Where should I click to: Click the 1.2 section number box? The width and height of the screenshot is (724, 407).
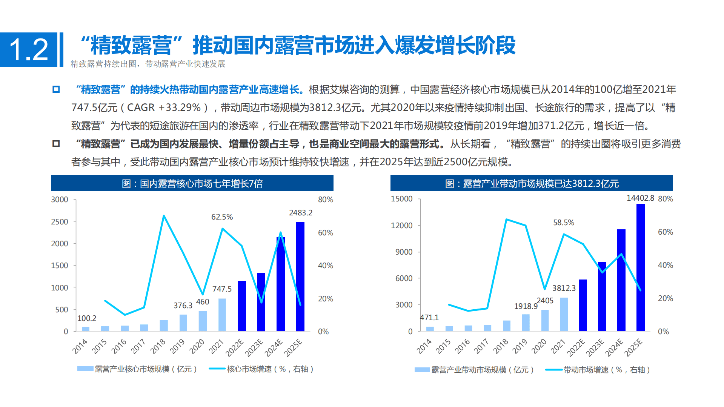29,49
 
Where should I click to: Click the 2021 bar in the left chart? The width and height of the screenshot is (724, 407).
222,315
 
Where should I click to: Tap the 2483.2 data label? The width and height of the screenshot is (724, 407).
300,213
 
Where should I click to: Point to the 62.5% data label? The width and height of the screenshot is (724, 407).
222,217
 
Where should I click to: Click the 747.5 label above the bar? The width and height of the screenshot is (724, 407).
222,289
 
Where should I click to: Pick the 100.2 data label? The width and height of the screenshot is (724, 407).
87,318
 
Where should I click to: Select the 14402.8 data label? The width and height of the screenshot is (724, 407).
640,198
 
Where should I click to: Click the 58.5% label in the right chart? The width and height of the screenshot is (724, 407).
564,223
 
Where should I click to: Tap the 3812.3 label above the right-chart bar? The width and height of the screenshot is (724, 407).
564,288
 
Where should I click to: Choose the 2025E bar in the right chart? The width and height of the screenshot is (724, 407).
640,267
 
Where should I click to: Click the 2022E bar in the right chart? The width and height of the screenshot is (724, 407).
583,305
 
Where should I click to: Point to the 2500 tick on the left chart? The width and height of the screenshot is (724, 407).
60,222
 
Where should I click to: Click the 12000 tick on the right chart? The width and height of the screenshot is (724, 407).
401,226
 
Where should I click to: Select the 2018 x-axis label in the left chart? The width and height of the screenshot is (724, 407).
158,346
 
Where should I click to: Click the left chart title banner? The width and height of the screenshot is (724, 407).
192,183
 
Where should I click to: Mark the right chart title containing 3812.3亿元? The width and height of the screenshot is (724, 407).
531,183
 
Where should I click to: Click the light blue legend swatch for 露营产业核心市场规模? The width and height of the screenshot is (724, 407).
85,369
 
